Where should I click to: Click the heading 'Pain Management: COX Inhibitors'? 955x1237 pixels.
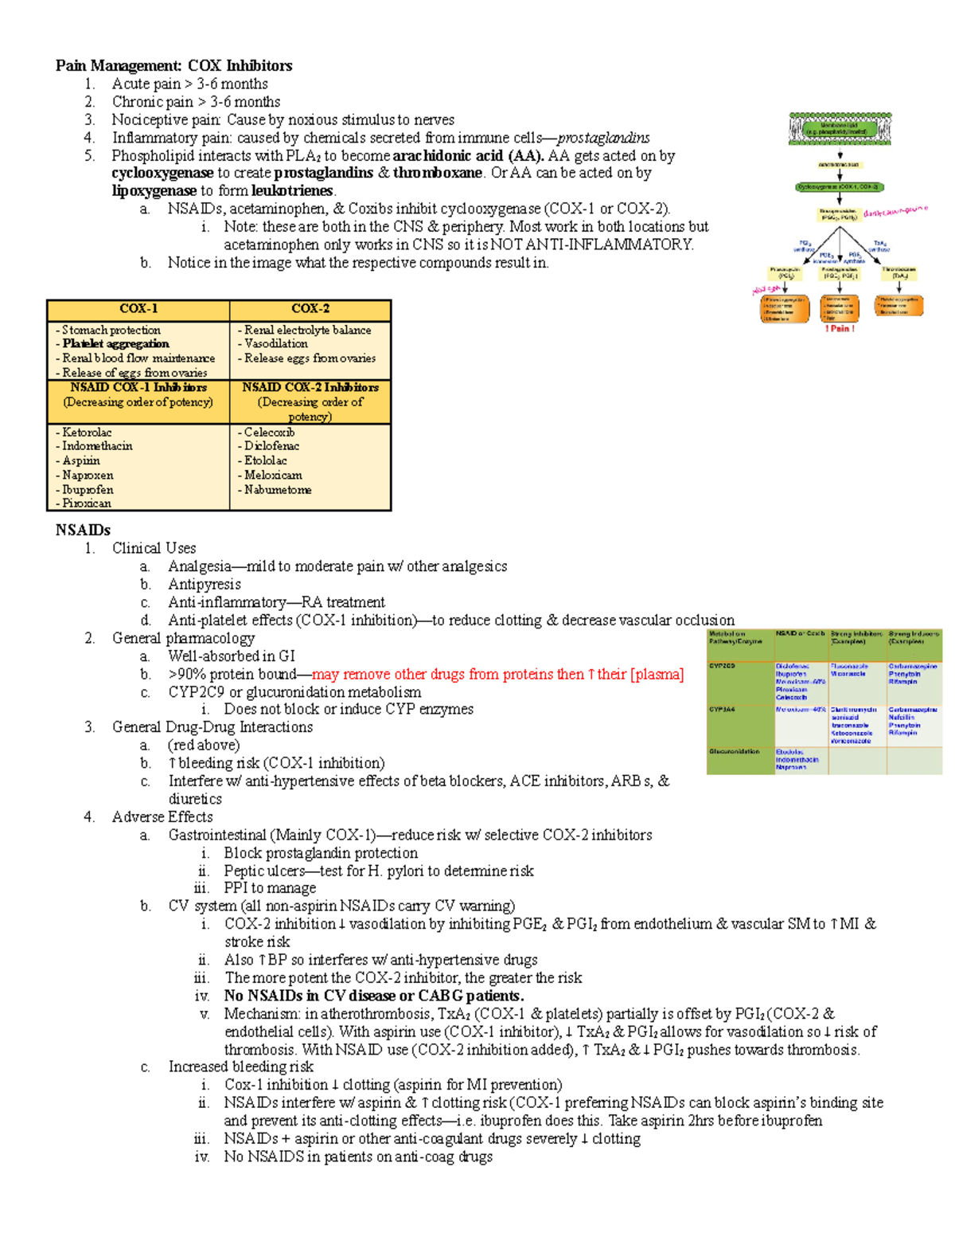click(173, 65)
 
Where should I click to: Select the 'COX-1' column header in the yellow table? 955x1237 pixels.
click(138, 309)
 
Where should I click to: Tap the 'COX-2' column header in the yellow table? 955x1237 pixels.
click(310, 309)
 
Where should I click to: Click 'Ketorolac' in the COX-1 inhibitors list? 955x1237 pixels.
click(87, 432)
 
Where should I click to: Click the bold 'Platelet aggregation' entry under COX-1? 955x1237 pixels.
click(115, 344)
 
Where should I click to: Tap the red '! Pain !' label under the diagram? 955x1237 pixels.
click(840, 328)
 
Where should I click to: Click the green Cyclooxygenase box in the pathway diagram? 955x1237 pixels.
click(839, 187)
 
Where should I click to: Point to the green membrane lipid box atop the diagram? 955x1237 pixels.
click(840, 128)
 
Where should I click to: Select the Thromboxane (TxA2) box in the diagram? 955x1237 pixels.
click(900, 273)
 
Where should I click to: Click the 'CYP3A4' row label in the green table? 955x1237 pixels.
click(723, 708)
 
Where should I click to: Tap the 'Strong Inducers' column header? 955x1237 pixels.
click(914, 637)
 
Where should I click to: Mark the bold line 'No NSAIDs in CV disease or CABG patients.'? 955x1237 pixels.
click(373, 996)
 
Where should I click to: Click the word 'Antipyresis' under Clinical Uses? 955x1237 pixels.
click(204, 584)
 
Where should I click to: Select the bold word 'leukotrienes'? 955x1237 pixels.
click(292, 190)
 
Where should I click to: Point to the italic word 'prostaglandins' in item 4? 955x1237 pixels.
click(602, 138)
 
